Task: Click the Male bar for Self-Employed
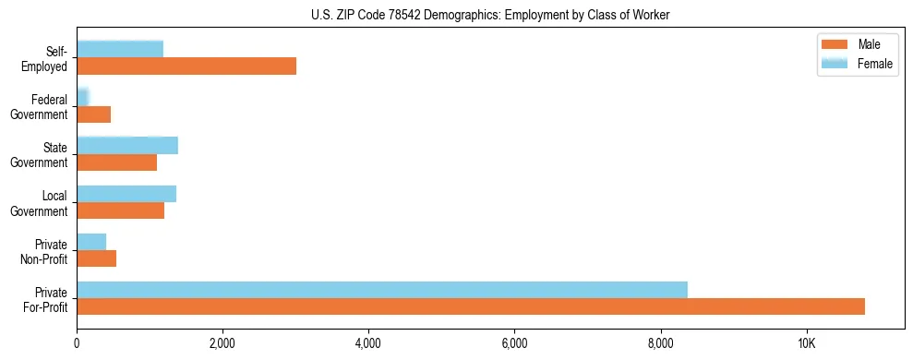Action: pyautogui.click(x=186, y=66)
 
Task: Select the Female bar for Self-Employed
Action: pyautogui.click(x=120, y=49)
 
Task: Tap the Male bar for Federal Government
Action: pyautogui.click(x=93, y=114)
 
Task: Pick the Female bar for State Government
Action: pyautogui.click(x=127, y=145)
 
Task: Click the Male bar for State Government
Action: pyautogui.click(x=116, y=162)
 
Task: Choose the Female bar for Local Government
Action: pyautogui.click(x=126, y=194)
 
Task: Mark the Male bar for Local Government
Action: pyautogui.click(x=120, y=210)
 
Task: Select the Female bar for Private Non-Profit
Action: pyautogui.click(x=91, y=242)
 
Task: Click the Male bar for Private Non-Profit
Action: pyautogui.click(x=96, y=258)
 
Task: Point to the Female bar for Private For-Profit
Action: pyautogui.click(x=382, y=290)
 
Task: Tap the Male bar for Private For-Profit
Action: pyautogui.click(x=471, y=306)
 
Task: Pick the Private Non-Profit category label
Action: pyautogui.click(x=46, y=251)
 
